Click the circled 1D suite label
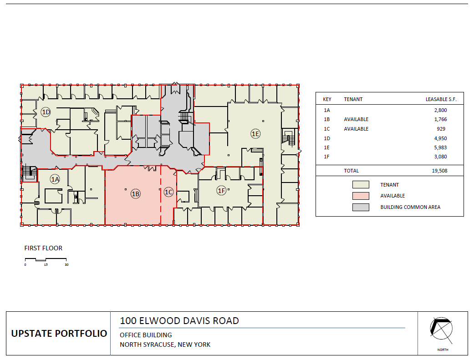click(x=46, y=112)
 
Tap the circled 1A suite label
click(x=55, y=179)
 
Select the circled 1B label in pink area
click(x=135, y=193)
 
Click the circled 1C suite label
click(x=168, y=192)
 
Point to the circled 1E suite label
click(x=255, y=133)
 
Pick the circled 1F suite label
click(x=221, y=190)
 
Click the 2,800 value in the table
click(x=440, y=110)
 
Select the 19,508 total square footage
click(x=439, y=171)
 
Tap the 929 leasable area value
click(x=442, y=129)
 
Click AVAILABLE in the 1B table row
click(x=356, y=119)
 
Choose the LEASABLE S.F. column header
click(x=441, y=99)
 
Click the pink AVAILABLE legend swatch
click(x=360, y=196)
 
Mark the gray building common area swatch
click(x=360, y=207)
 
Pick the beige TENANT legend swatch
click(x=360, y=185)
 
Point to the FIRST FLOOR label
click(x=43, y=248)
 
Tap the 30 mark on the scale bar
click(x=66, y=264)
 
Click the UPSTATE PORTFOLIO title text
click(x=59, y=334)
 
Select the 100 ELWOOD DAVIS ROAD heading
click(x=179, y=320)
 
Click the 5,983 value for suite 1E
click(x=440, y=147)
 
